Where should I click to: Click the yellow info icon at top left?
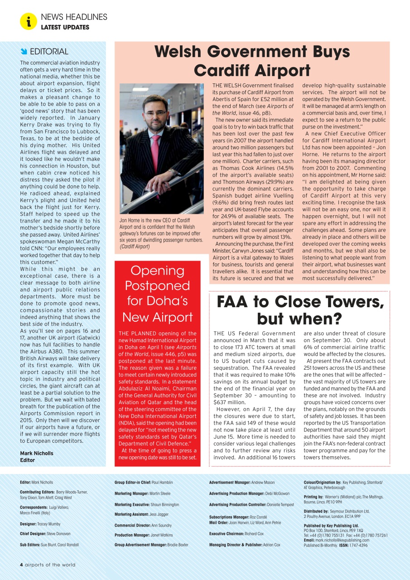[x=28, y=21]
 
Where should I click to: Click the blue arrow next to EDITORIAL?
[x=24, y=51]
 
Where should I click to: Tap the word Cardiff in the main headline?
[x=225, y=71]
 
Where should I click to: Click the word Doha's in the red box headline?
[x=169, y=301]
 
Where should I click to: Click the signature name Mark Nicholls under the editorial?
[x=37, y=453]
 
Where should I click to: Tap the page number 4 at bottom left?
[x=21, y=565]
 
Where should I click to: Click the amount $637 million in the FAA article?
[x=230, y=402]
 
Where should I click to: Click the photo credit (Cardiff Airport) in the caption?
[x=135, y=246]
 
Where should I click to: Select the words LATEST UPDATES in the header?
[x=65, y=27]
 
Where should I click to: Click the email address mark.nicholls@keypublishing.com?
[x=342, y=540]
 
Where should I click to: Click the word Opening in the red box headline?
[x=157, y=271]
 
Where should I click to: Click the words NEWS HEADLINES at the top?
[x=74, y=17]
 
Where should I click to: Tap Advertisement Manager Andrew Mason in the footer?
[x=263, y=483]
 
